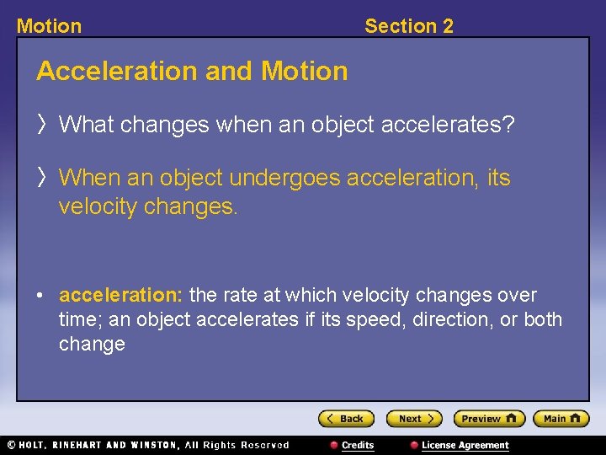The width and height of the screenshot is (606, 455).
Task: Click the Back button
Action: [x=345, y=419]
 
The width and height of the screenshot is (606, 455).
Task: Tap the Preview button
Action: [x=489, y=419]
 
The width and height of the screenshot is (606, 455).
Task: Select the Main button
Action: [x=561, y=419]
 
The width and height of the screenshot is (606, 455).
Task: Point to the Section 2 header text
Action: [x=408, y=26]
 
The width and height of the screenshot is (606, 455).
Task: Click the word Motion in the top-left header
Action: [x=49, y=26]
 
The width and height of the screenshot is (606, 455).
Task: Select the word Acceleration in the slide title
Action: [x=117, y=71]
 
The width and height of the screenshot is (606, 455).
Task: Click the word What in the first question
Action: [x=87, y=125]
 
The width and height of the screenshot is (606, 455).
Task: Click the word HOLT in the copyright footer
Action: [x=37, y=445]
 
